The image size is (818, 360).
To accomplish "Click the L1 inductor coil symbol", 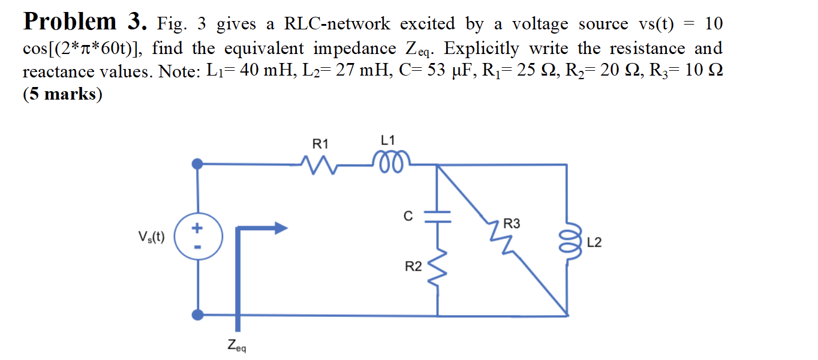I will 390,160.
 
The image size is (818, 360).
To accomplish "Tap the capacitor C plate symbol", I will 437,217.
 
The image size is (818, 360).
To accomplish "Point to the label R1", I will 321,144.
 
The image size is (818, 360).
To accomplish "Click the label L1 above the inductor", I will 388,140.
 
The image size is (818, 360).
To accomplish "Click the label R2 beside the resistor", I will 413,267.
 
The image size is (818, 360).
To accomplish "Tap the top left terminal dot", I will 198,163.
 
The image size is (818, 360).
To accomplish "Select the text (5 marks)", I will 62,95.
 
